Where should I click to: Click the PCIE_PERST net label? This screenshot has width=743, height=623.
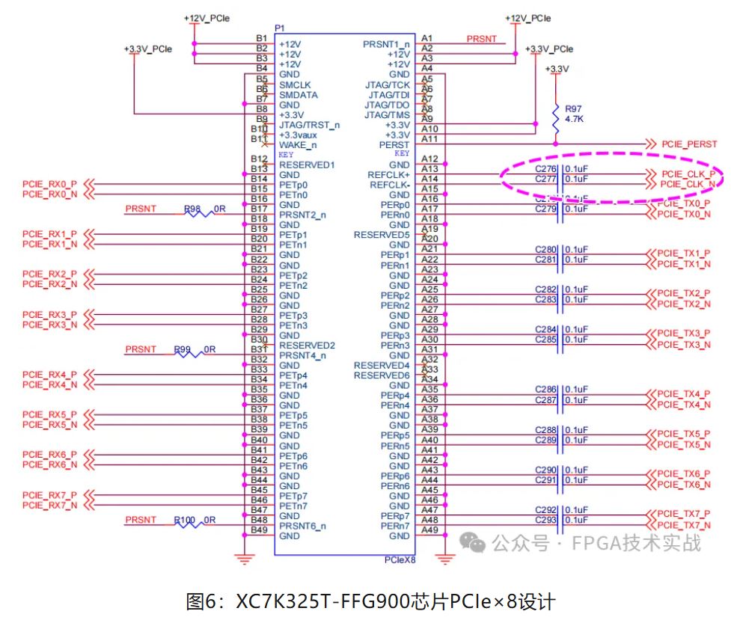tap(689, 144)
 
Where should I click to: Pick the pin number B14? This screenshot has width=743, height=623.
tap(259, 179)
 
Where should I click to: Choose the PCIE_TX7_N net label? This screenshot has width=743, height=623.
tap(683, 526)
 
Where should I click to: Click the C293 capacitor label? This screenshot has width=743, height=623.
tap(546, 520)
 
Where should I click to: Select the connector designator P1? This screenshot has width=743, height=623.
tap(280, 28)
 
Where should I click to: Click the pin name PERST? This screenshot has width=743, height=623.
tap(395, 144)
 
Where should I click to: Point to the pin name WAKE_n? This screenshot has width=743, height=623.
tap(297, 145)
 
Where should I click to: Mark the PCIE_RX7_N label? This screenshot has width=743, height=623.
tap(49, 506)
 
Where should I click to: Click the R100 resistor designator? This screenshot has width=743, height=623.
tap(185, 520)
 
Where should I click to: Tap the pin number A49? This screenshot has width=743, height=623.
tap(429, 530)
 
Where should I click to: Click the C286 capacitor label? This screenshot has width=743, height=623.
tap(546, 390)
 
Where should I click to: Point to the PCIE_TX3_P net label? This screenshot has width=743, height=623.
tap(683, 334)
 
